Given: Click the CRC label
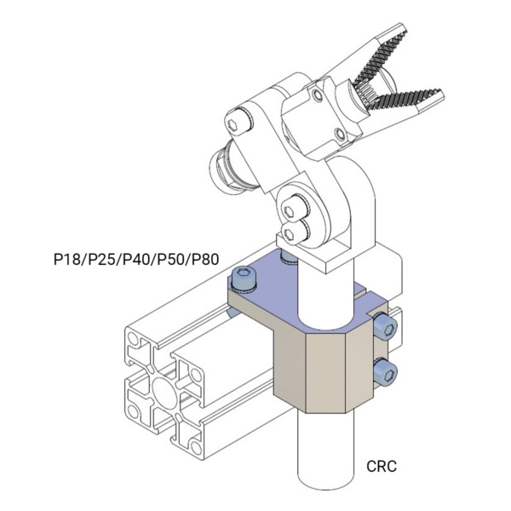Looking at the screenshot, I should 382,466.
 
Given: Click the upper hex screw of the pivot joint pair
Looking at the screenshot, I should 295,205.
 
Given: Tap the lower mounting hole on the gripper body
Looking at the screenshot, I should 342,135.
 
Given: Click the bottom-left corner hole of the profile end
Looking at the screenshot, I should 135,414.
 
